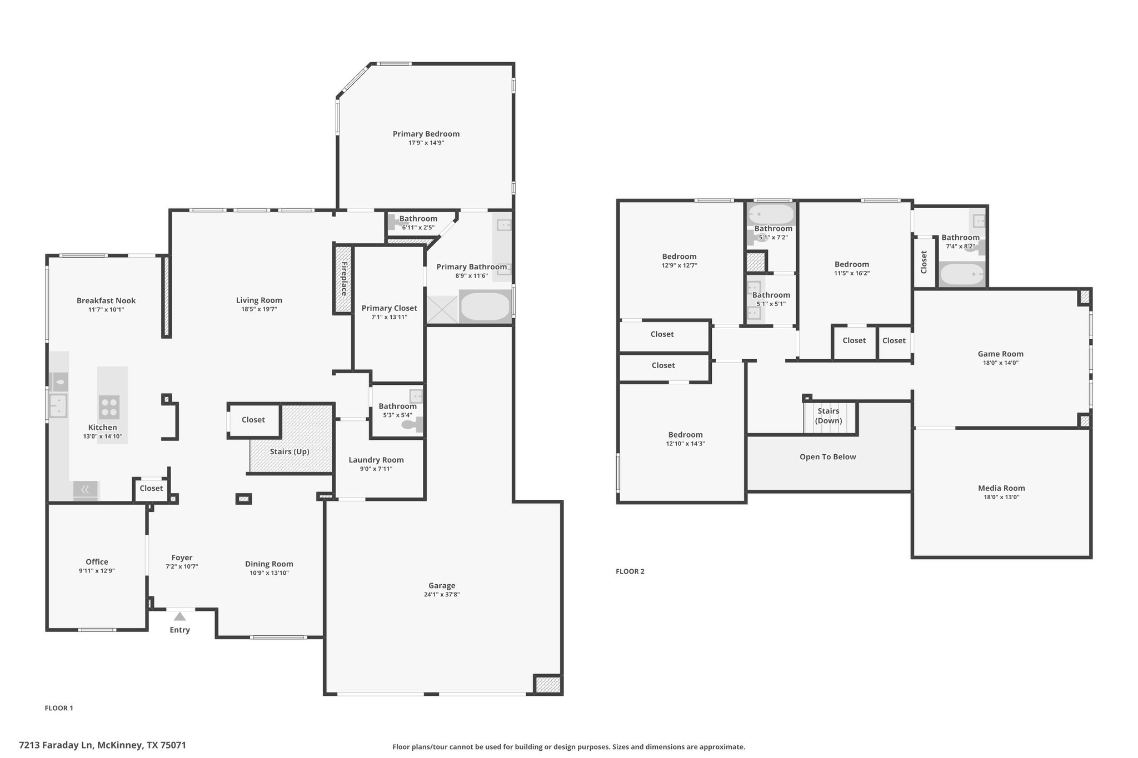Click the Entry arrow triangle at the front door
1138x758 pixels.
tap(179, 616)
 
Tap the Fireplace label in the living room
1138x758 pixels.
tap(344, 278)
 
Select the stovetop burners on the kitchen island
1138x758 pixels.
tap(109, 406)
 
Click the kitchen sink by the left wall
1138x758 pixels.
tap(58, 405)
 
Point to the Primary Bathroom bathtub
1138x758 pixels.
tap(485, 306)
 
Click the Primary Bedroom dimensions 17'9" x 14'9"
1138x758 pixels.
tap(426, 143)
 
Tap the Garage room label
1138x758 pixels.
tap(442, 585)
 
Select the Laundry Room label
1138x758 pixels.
tap(376, 460)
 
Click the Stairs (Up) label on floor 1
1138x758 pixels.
tap(290, 451)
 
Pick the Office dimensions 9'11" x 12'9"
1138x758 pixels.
tap(97, 571)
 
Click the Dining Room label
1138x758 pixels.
tap(269, 564)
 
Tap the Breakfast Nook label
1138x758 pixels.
tap(106, 300)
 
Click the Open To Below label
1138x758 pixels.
tap(828, 457)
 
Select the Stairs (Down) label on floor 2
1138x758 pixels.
tap(828, 416)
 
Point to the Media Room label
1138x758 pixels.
tap(1001, 488)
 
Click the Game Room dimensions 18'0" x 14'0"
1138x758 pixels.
tap(1001, 363)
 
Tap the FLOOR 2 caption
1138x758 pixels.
tap(630, 571)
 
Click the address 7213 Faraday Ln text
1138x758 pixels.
tap(56, 745)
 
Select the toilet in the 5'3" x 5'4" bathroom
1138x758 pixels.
tap(412, 425)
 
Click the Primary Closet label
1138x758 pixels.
tap(389, 308)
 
